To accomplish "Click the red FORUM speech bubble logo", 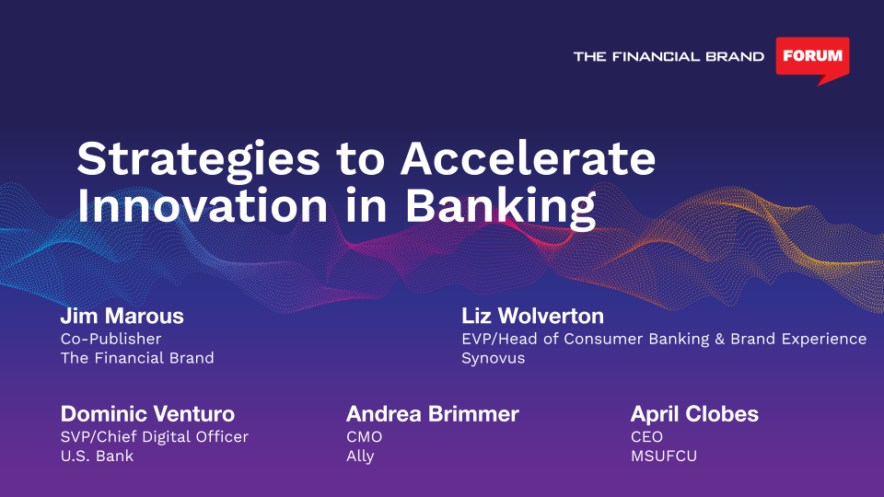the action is coord(812,58).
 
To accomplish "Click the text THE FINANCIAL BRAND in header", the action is coord(669,56).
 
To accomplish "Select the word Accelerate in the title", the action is coord(528,158).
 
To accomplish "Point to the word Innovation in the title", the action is coord(203,205).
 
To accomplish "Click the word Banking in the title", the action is coord(500,209).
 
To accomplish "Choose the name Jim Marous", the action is coord(122,316).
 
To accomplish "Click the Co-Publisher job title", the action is coord(111,339).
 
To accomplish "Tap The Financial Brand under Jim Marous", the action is coord(137,358).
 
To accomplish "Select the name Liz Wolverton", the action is coord(532,316).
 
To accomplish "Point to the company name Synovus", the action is coord(494,358).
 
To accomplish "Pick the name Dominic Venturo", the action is coord(147,414).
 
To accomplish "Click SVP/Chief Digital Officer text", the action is coord(155,436).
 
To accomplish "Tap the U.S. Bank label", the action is coord(97,456).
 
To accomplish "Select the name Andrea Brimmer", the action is coord(433,414).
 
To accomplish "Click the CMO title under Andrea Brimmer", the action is coord(365,436).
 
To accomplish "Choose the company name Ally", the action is coord(360,457).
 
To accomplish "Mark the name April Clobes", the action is coord(694,414).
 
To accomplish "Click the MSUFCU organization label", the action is coord(664,456).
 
